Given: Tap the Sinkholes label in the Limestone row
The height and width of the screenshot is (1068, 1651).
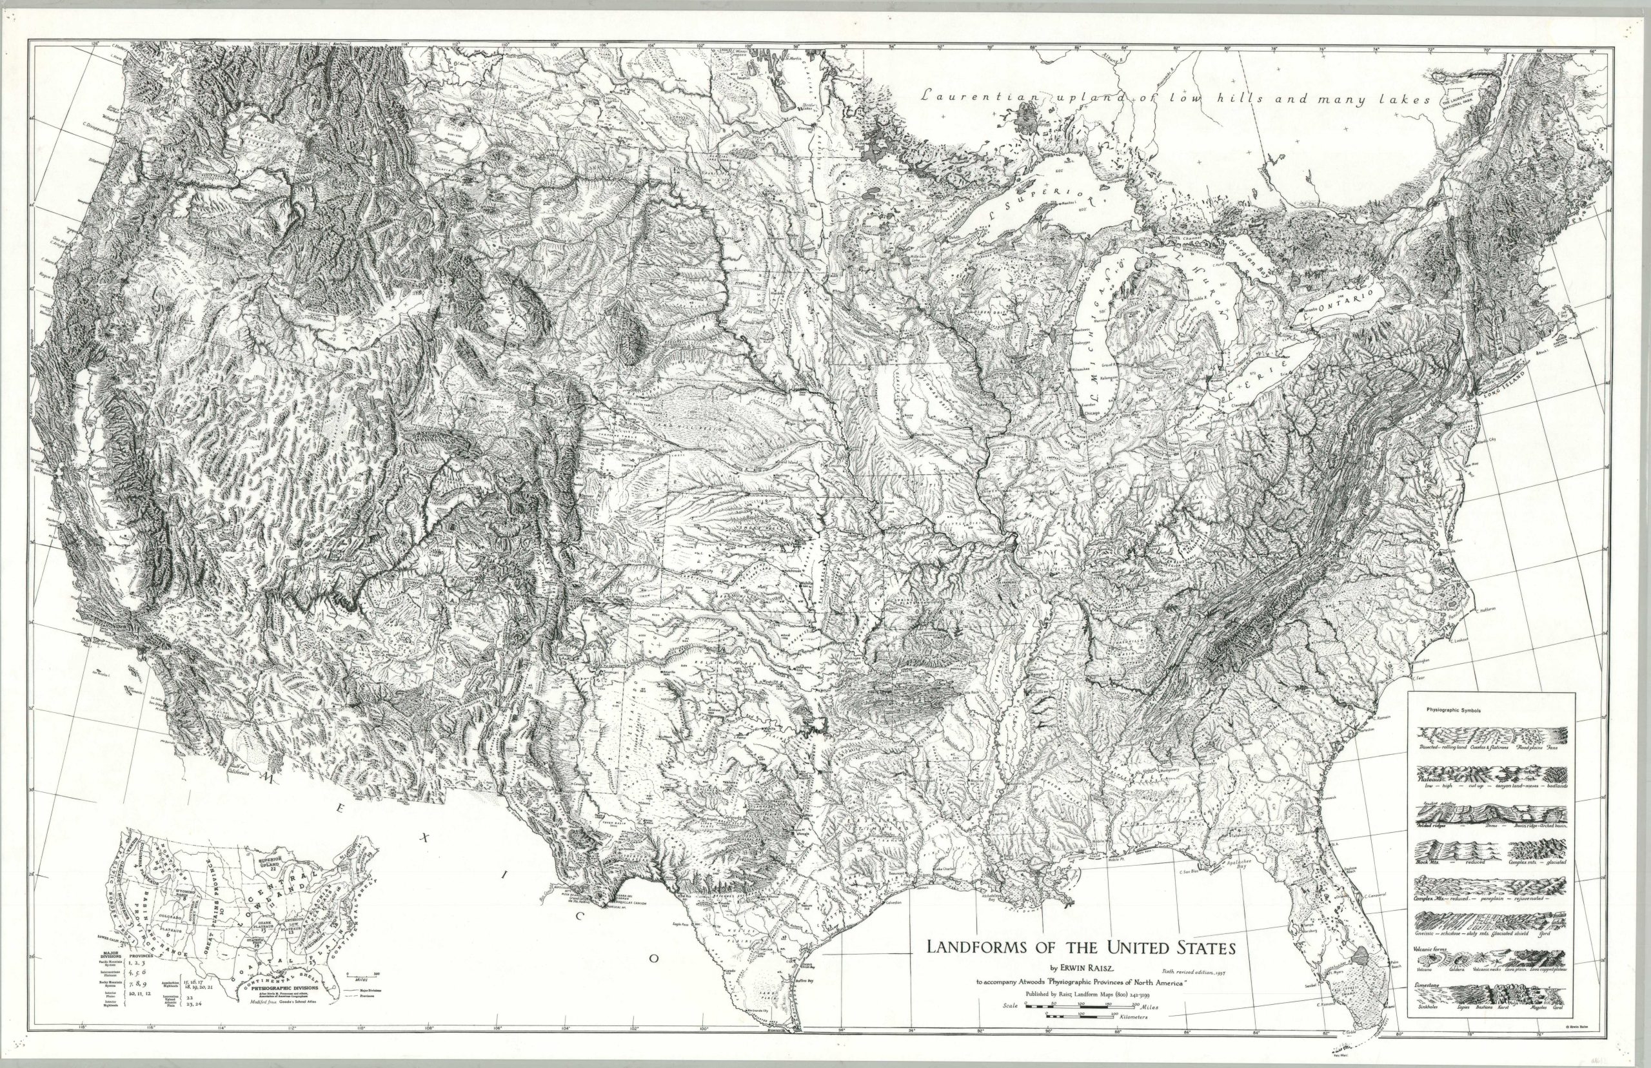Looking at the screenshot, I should click(x=1429, y=1025).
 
